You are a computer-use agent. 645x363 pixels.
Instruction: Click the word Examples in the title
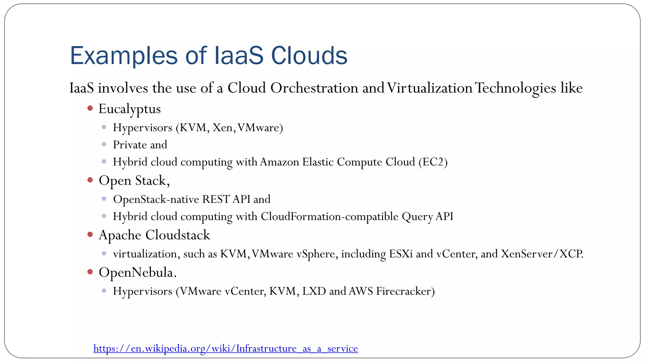point(124,56)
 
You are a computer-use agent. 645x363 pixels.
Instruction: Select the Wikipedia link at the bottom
point(225,348)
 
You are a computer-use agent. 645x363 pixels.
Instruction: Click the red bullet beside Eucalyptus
point(90,108)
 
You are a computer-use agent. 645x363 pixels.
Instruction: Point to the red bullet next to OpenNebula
point(90,272)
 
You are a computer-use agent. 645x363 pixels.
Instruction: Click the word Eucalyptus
point(129,109)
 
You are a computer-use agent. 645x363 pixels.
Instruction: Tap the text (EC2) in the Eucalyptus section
point(433,162)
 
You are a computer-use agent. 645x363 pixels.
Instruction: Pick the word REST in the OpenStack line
point(216,199)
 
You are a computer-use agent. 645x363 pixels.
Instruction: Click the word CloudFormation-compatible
point(329,216)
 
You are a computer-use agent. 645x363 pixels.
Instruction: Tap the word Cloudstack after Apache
point(178,235)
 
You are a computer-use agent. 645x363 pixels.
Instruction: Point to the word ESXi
point(401,254)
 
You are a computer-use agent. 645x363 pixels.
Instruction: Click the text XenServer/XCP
point(542,254)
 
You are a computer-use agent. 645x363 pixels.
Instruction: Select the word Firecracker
point(405,291)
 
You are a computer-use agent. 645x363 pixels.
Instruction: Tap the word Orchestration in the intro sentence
point(314,88)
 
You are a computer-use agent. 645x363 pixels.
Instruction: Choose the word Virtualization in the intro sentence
point(429,88)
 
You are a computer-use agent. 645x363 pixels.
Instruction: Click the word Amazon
point(279,162)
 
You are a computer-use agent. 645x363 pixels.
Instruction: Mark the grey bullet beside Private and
point(104,144)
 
